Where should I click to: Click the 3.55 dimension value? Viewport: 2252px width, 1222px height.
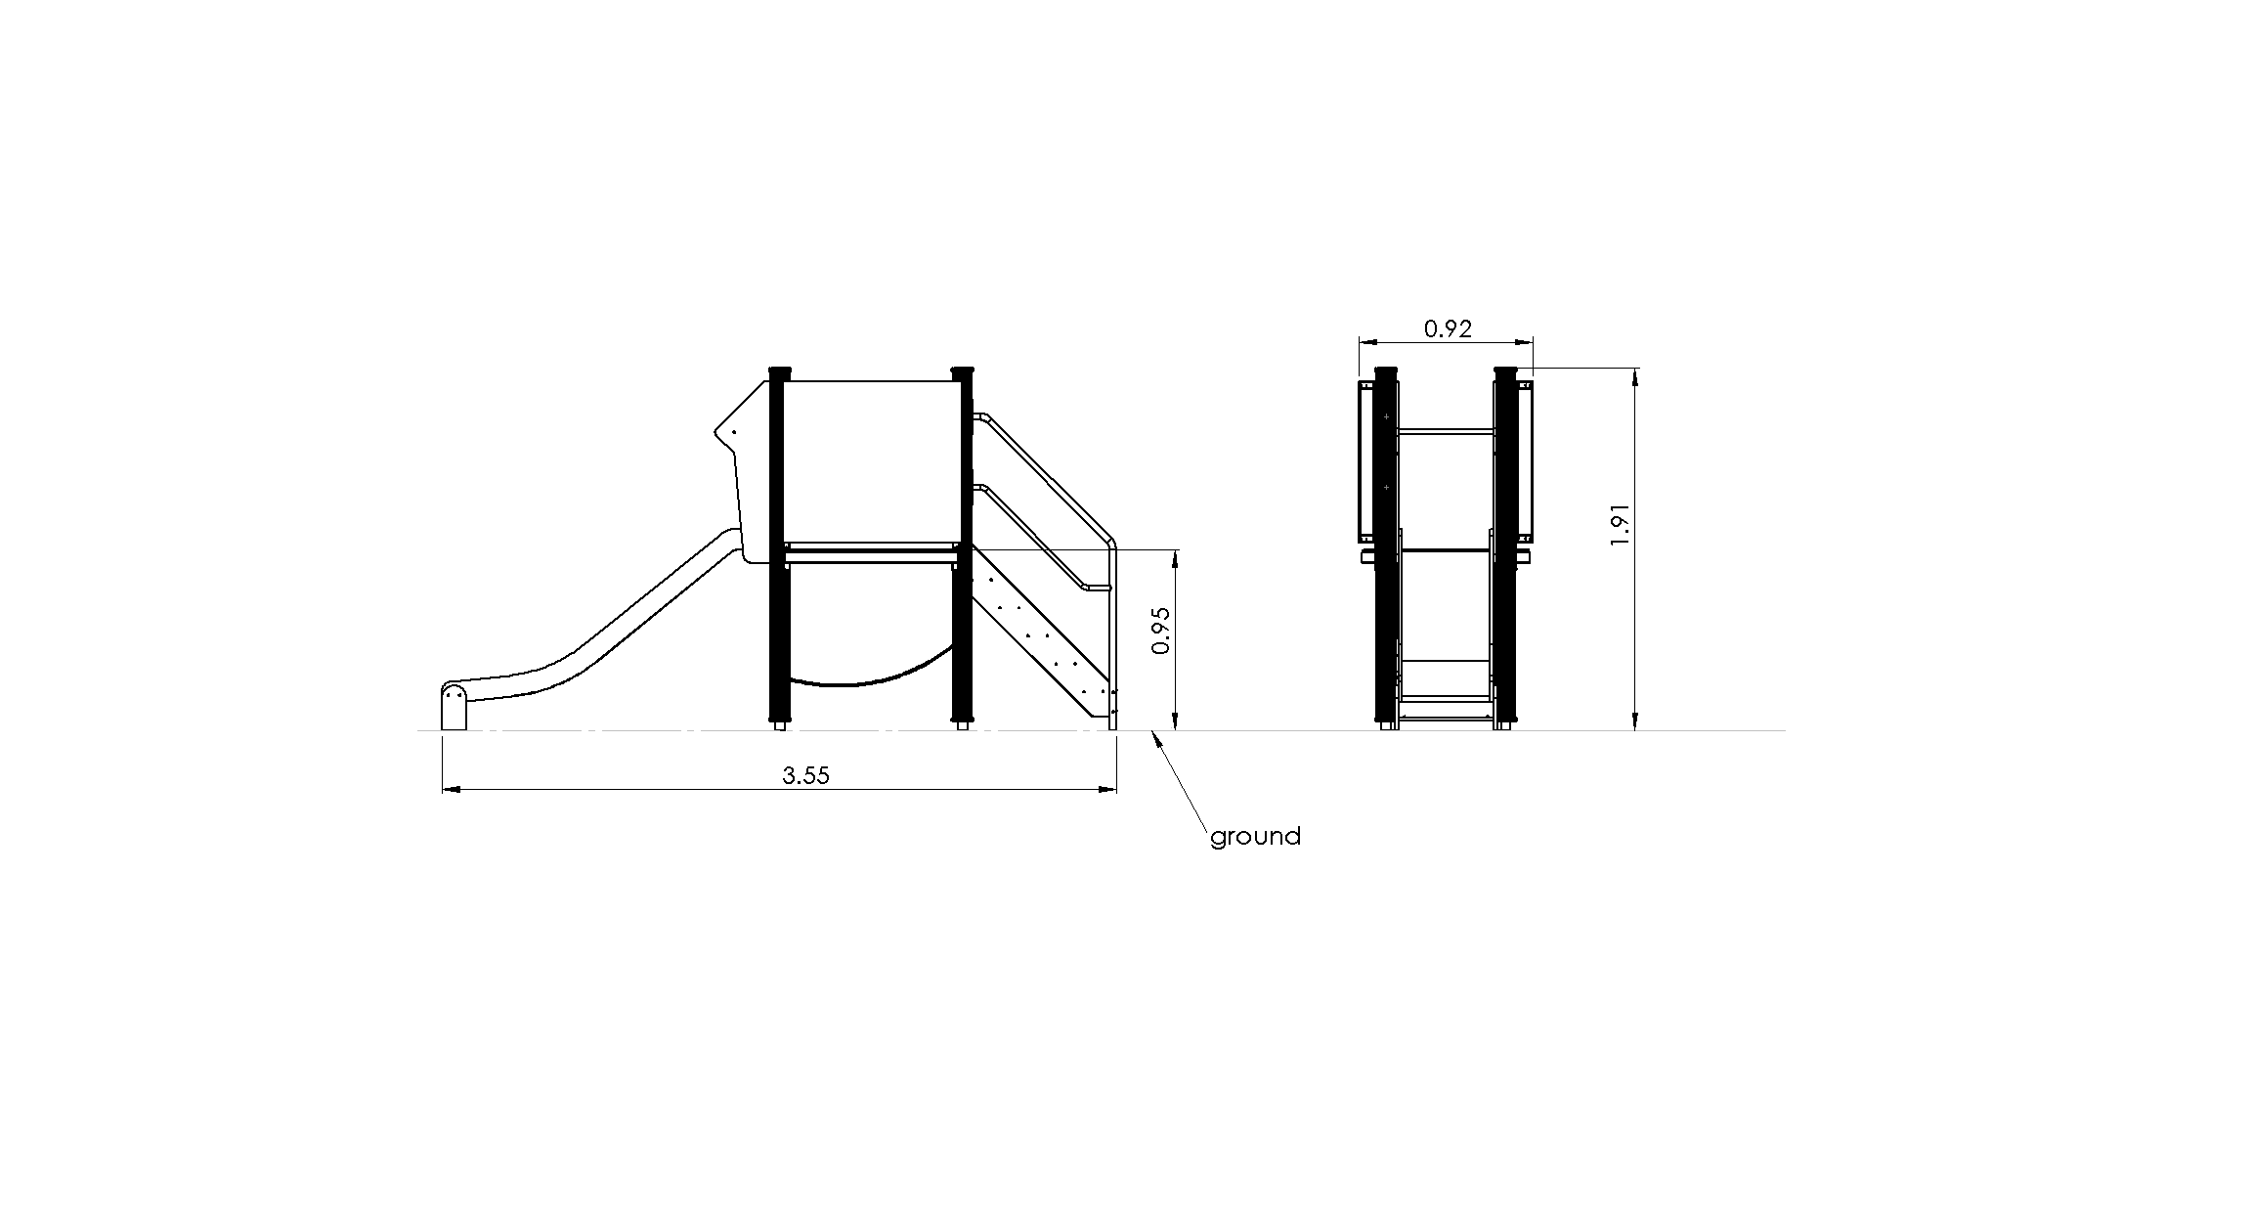[x=805, y=775]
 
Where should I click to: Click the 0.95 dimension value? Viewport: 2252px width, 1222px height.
[x=1160, y=631]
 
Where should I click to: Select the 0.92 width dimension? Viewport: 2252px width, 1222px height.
[x=1448, y=328]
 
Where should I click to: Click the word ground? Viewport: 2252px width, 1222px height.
[x=1255, y=837]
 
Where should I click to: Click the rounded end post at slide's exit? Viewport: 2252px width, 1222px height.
[x=455, y=707]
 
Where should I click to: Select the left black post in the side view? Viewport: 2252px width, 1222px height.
[x=778, y=547]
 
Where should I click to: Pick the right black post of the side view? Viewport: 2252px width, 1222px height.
[x=963, y=547]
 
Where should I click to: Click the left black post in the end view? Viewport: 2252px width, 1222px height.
[x=1386, y=547]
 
